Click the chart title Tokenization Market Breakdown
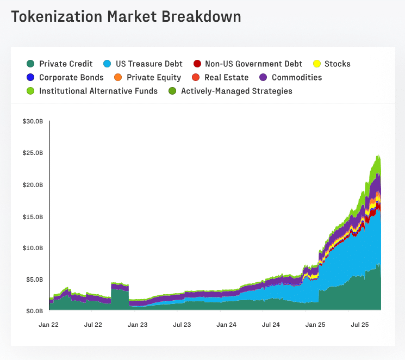126,16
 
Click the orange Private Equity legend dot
119,78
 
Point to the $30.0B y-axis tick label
33,121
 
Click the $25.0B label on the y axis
33,153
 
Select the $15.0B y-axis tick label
33,216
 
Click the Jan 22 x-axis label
49,325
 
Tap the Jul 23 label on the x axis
182,325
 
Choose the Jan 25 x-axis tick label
315,325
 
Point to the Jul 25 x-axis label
359,325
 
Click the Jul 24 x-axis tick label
270,325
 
